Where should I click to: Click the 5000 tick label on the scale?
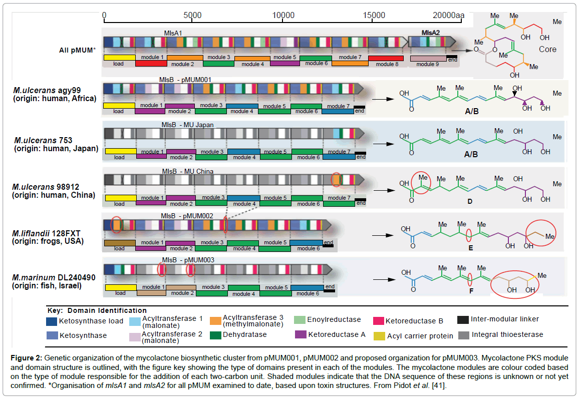(193, 16)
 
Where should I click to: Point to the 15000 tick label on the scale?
(375, 16)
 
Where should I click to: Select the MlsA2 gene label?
(430, 33)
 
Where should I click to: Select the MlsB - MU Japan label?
(184, 125)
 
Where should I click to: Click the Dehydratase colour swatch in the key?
(216, 334)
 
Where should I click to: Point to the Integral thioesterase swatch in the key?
(463, 334)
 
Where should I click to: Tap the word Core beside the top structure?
(547, 50)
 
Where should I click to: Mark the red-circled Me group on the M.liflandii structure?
(549, 236)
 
